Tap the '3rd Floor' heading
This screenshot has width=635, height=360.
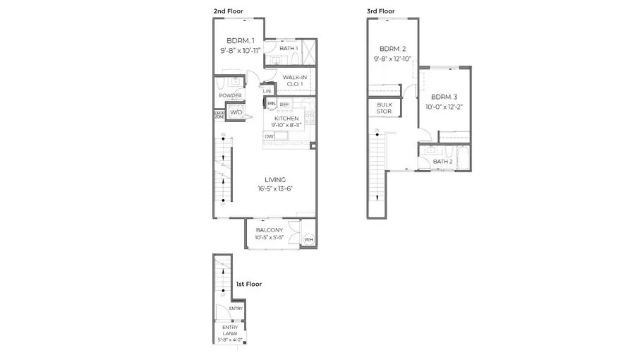point(381,11)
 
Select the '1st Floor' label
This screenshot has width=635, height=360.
point(248,284)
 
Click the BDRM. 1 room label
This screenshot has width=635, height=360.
point(241,40)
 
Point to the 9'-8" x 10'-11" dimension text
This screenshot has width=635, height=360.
point(241,51)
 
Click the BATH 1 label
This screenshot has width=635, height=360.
point(288,48)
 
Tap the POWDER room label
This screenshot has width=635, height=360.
point(230,95)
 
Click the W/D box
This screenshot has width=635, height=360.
point(236,112)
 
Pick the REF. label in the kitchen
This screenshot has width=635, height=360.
point(284,104)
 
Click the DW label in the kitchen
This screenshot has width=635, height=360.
point(270,136)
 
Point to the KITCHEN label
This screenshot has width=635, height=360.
point(286,119)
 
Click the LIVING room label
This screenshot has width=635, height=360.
point(275,180)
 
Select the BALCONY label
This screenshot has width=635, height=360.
point(270,231)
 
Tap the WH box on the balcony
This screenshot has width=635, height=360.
point(308,240)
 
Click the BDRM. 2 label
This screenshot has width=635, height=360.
point(392,49)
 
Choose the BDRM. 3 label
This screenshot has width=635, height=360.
point(445,97)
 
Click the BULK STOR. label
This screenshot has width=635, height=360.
point(385,108)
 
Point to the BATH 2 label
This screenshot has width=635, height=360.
point(442,162)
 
